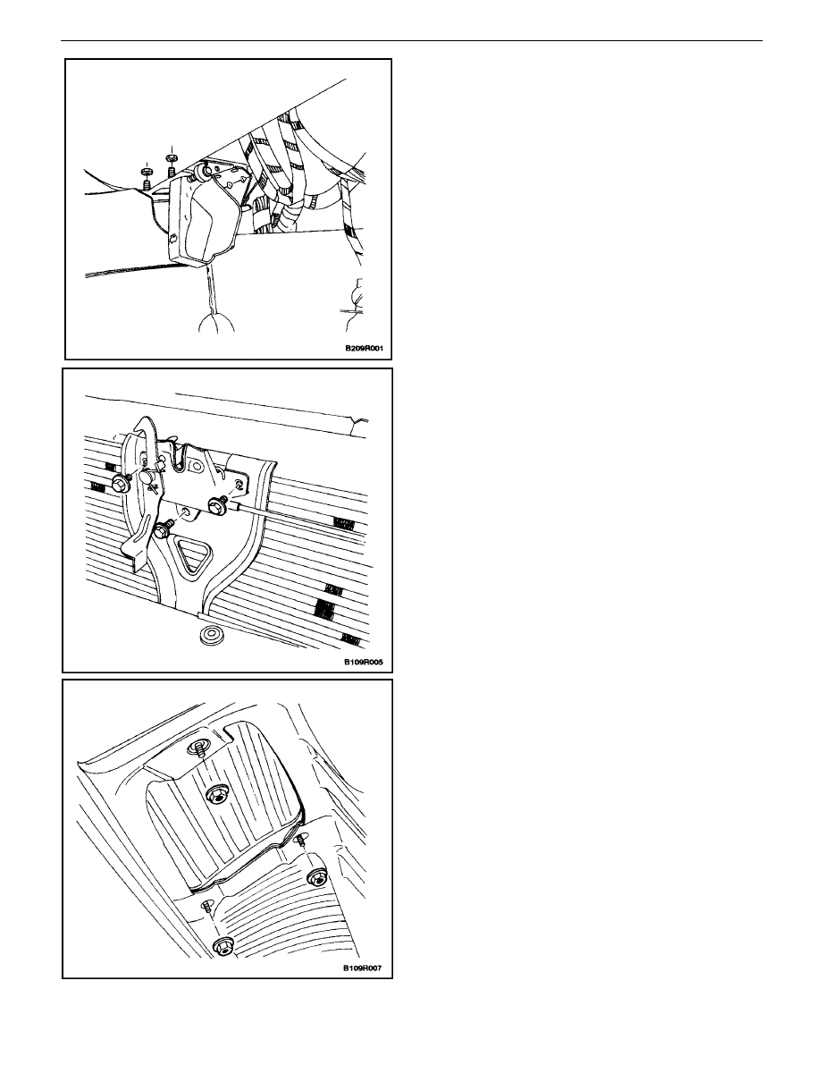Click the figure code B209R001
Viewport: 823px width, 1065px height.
click(x=365, y=349)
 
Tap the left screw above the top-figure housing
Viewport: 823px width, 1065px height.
click(x=147, y=177)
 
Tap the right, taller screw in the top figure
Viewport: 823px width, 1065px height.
click(x=171, y=164)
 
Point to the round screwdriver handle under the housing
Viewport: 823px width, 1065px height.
click(x=216, y=323)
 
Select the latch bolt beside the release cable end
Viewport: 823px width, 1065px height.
click(x=218, y=504)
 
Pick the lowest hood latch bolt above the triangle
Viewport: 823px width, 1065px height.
click(x=162, y=530)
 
